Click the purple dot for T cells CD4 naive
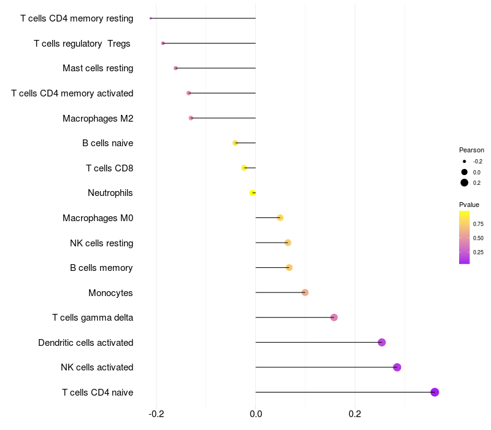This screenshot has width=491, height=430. pos(435,392)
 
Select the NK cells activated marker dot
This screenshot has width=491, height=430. pos(397,367)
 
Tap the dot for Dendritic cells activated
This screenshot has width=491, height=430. pos(382,342)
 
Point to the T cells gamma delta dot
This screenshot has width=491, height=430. pos(334,318)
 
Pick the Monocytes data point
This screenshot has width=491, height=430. pos(305,292)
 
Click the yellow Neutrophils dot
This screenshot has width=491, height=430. pos(252,193)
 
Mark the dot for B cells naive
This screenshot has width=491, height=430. pos(235,143)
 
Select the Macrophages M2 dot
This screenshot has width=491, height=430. pos(191,118)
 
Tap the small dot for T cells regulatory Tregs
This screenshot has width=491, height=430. pos(163,43)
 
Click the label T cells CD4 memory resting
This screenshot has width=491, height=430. pos(77,18)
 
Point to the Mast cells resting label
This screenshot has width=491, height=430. pos(98,68)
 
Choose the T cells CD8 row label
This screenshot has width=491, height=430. pos(109,168)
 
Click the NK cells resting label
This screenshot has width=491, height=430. pos(101,243)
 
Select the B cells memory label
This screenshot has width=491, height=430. pos(101,268)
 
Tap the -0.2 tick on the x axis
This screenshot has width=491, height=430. pos(157,414)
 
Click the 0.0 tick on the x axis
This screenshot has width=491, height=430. pos(256,414)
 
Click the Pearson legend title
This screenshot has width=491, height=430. pos(471,150)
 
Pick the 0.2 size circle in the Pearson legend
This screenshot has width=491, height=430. pos(465,182)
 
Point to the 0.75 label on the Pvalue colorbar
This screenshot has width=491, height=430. pos(478,224)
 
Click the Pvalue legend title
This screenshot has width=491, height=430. pos(469,205)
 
